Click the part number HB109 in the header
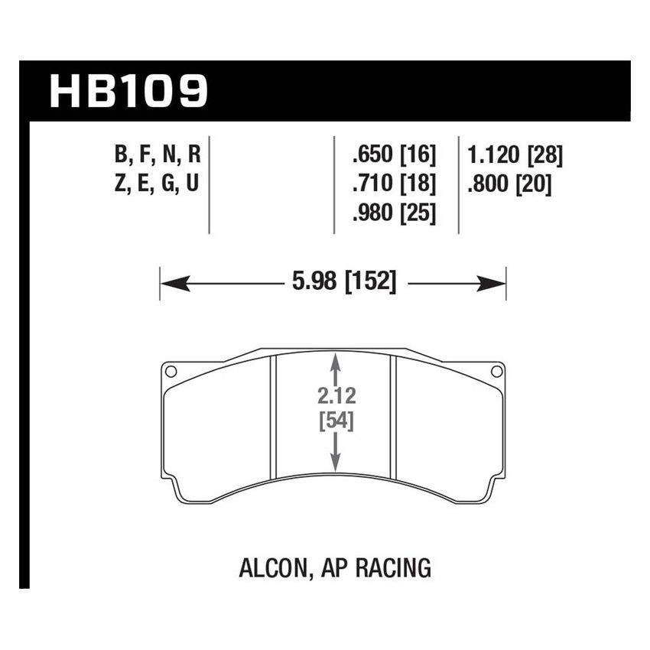point(128,91)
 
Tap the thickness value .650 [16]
point(393,157)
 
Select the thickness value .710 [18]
point(393,185)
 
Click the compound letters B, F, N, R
point(158,157)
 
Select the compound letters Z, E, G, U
point(158,185)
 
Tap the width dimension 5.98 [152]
point(344,284)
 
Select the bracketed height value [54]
point(334,420)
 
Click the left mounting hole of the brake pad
point(171,372)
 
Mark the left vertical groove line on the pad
point(275,417)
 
